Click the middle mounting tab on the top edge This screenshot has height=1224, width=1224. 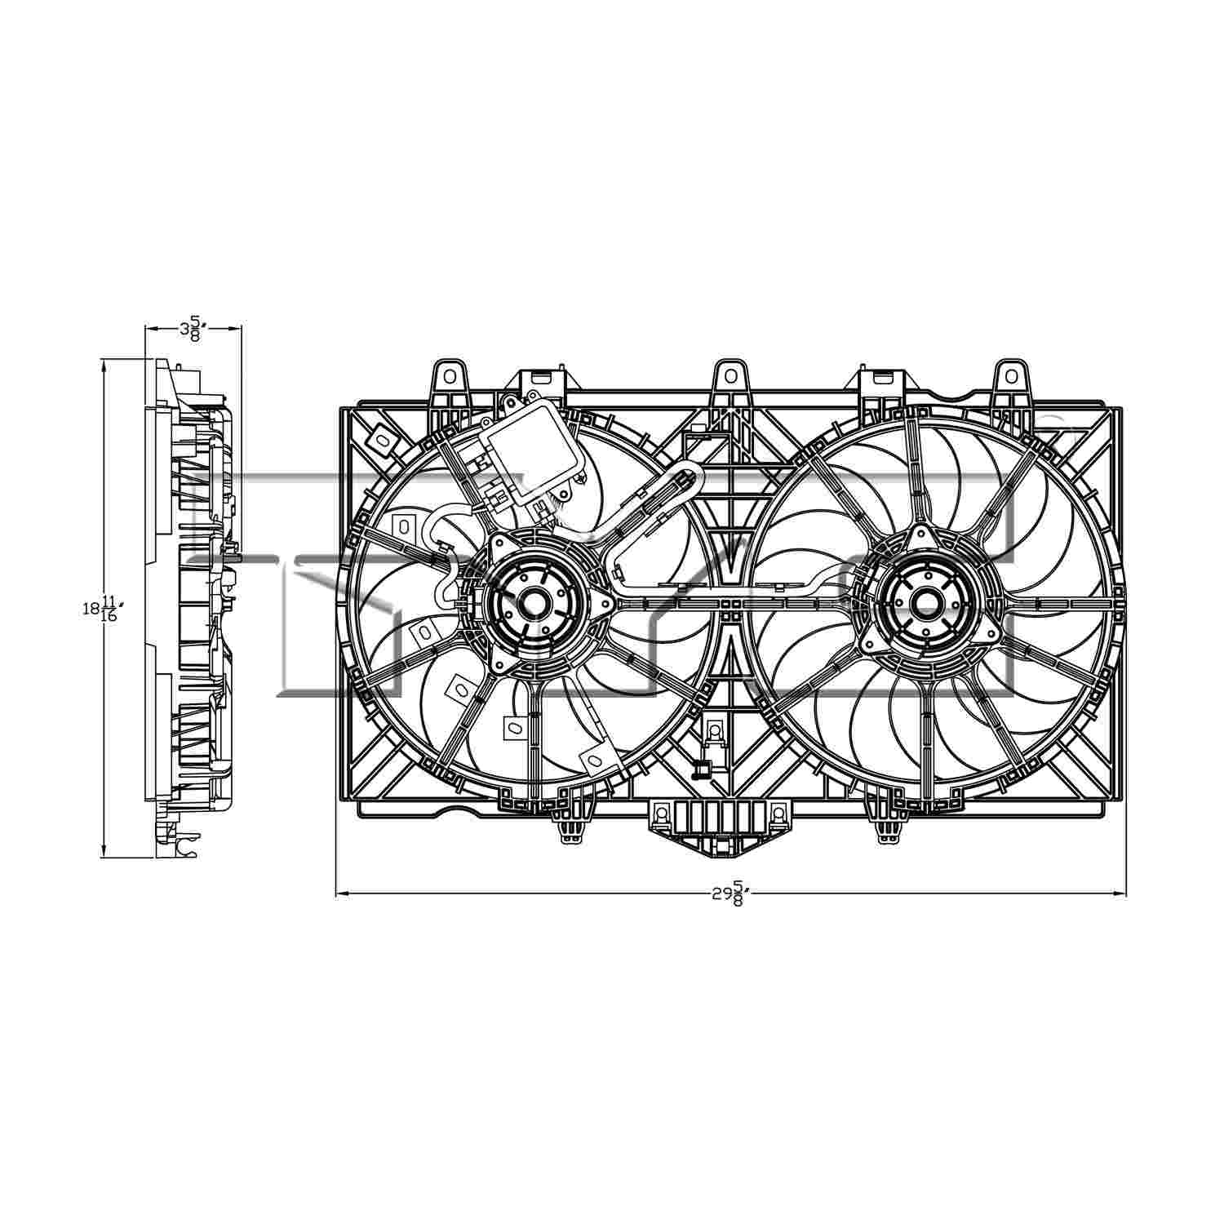tap(731, 379)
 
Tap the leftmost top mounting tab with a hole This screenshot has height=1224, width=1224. tap(450, 379)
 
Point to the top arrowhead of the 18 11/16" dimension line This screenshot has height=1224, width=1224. tap(104, 366)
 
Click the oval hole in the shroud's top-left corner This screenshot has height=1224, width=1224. tap(381, 441)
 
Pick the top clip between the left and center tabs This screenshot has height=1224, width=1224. tap(541, 379)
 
